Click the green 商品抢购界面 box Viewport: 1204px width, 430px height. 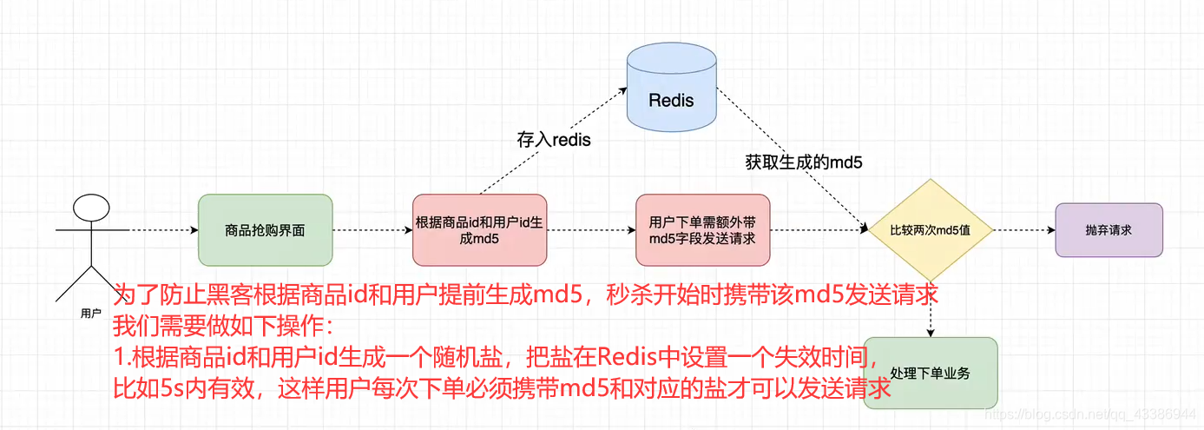coord(265,230)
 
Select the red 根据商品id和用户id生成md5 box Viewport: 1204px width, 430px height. coord(480,230)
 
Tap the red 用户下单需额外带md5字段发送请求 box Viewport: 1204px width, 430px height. coord(702,230)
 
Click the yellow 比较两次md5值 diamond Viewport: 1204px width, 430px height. coord(931,230)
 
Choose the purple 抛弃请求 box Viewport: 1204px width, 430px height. coord(1109,230)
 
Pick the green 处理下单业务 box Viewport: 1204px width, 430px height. coord(931,373)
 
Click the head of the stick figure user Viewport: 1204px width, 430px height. coord(90,208)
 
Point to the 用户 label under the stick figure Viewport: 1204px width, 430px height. coord(90,314)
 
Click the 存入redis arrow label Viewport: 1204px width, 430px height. coord(554,139)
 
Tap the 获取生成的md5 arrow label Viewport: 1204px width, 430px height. coord(803,161)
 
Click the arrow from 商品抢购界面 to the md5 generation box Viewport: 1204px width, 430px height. coord(372,230)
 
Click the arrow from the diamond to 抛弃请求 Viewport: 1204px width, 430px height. coord(1024,230)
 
